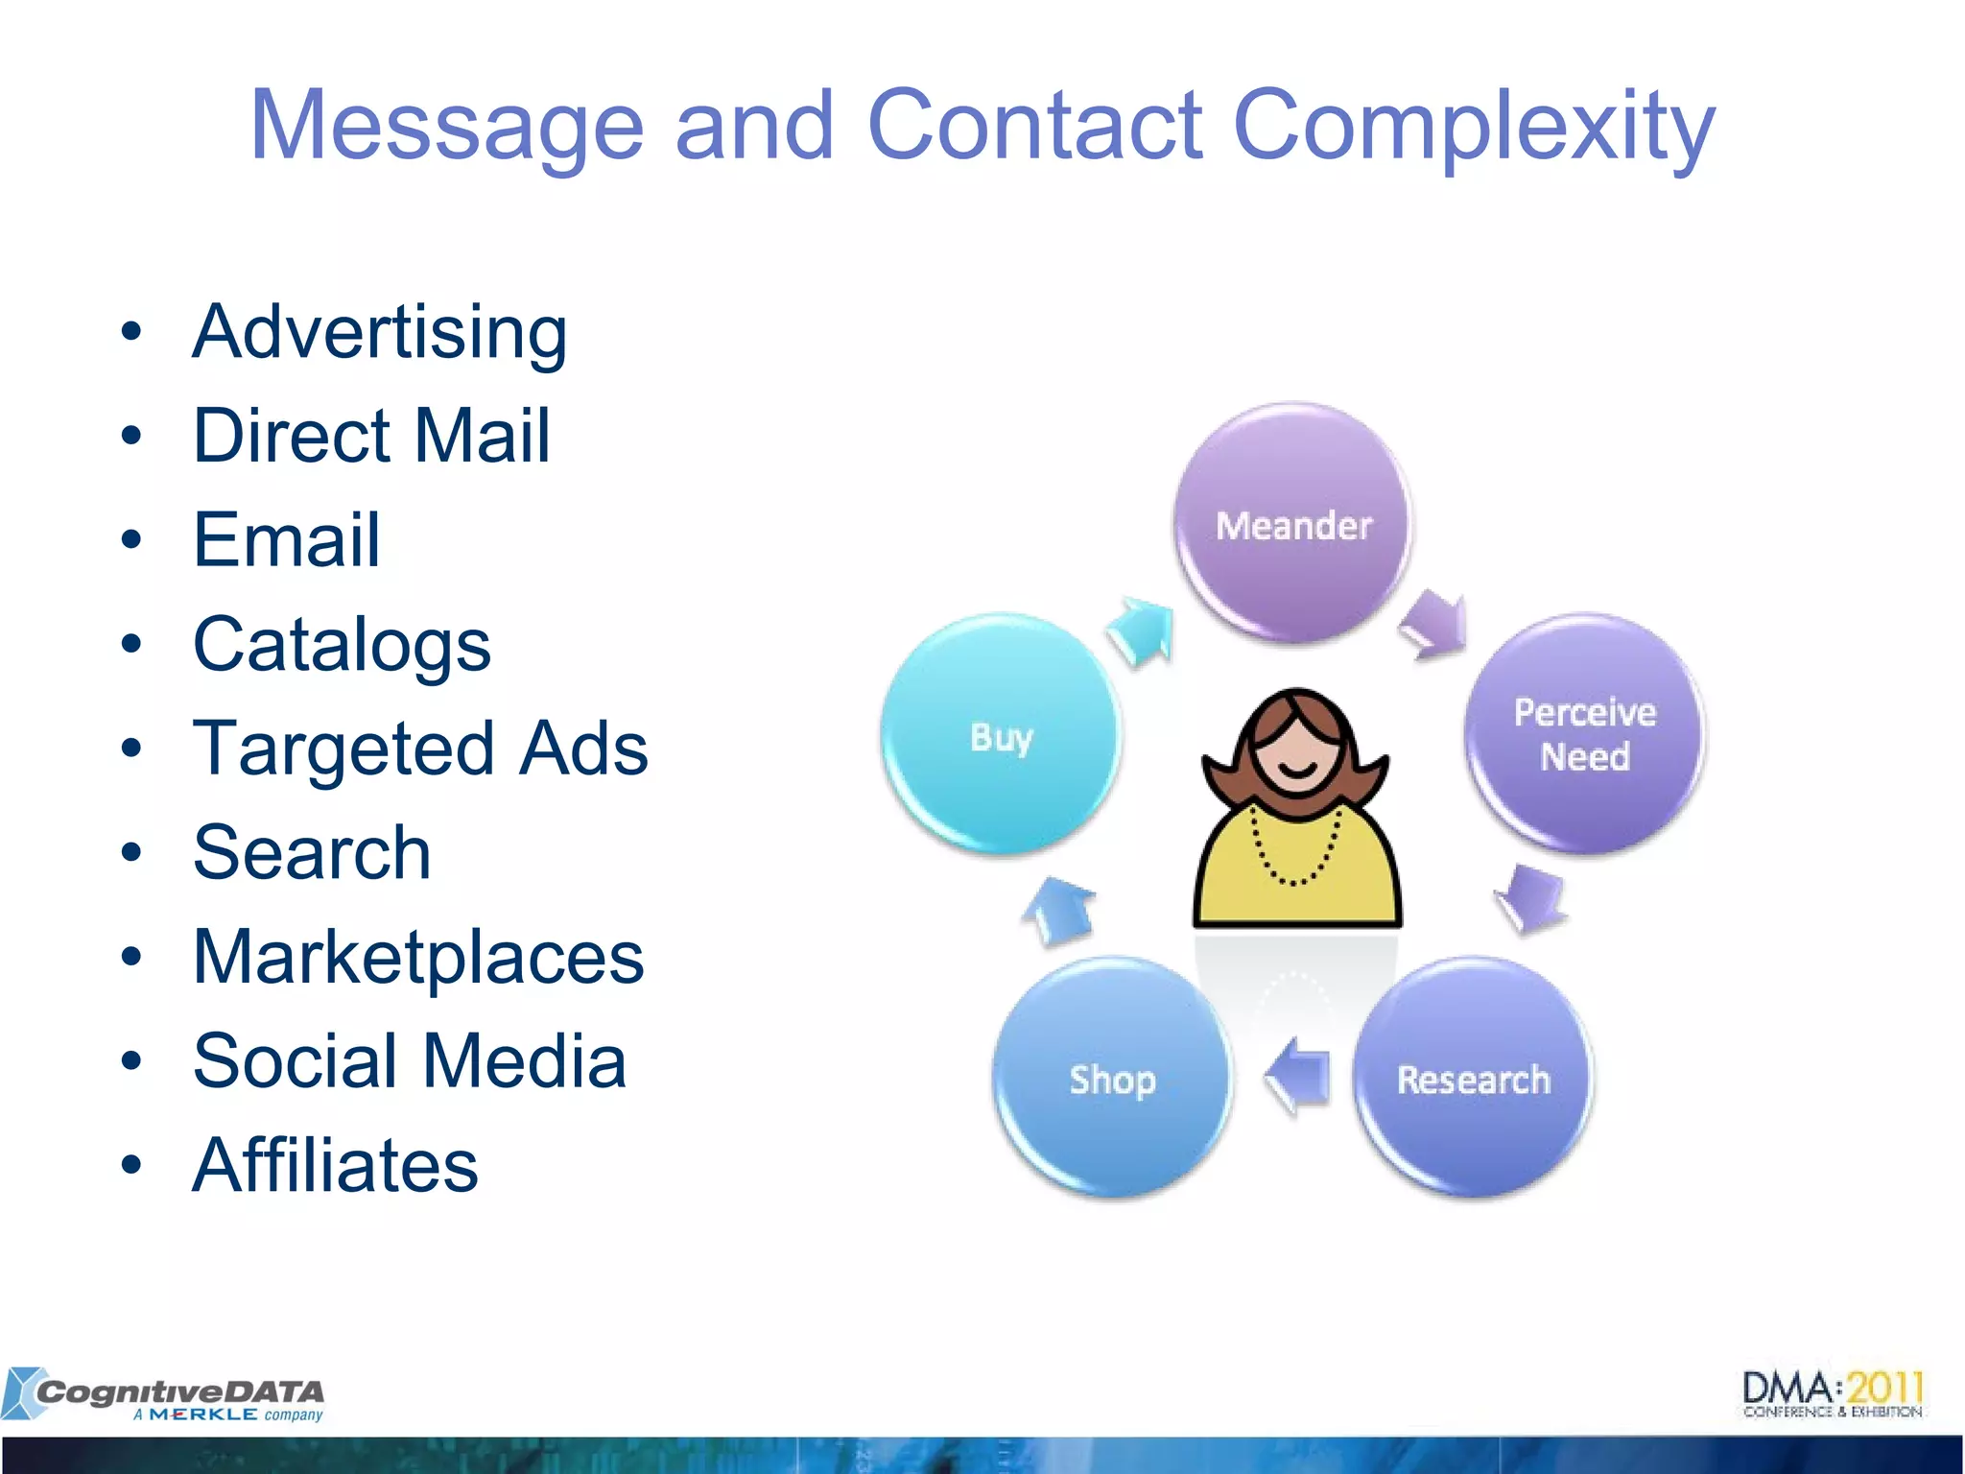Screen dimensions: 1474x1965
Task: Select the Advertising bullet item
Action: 380,332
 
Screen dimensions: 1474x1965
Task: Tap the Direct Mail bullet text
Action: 371,436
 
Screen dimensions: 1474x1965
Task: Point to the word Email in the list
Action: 286,539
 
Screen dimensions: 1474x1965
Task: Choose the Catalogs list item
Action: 342,644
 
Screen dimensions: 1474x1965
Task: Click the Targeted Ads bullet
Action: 420,749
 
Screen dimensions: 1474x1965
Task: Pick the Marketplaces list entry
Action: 418,957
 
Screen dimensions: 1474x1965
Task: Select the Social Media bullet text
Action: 410,1061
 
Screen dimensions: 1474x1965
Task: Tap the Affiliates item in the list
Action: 335,1165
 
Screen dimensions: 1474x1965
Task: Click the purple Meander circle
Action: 1293,524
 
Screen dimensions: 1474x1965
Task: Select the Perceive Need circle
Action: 1584,734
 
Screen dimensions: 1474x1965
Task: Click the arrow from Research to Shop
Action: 1299,1076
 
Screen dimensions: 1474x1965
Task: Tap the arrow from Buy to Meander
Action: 1142,630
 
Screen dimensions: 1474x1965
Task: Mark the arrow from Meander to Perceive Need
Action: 1435,626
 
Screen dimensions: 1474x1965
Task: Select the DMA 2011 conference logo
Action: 1833,1394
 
